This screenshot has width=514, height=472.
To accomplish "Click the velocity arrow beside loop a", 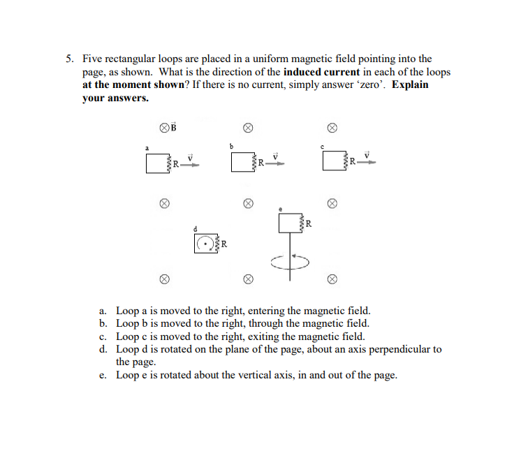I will click(191, 163).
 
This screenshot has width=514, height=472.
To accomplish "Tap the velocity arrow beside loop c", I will click(369, 163).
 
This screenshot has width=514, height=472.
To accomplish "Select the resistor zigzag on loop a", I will click(168, 163).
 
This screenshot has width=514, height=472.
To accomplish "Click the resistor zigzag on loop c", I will click(345, 163).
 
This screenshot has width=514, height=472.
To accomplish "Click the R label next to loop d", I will click(224, 244).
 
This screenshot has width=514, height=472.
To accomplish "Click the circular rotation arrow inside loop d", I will click(205, 244).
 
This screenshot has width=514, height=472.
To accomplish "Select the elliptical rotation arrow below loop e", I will click(287, 261).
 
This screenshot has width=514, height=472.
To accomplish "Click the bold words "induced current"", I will click(322, 72).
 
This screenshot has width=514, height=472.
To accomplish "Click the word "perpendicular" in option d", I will click(392, 349).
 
